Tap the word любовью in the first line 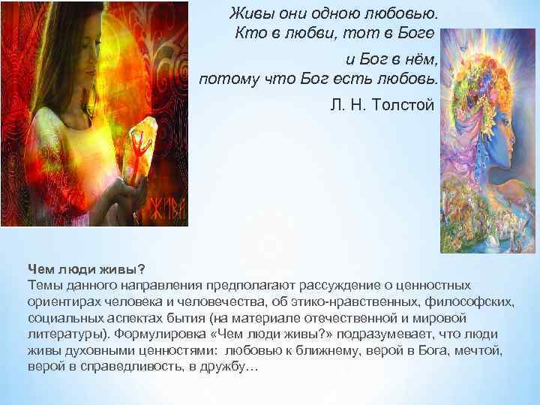tap(403, 13)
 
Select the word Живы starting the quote tap(249, 13)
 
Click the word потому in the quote tap(223, 79)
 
